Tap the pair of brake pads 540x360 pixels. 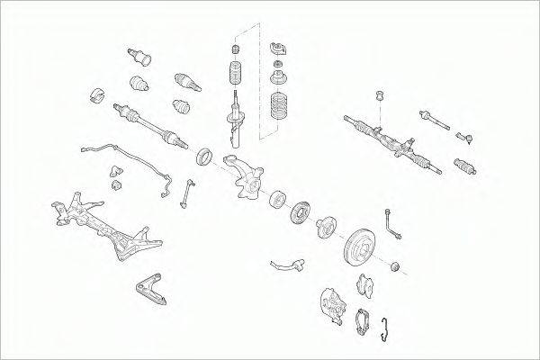click(368, 285)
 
